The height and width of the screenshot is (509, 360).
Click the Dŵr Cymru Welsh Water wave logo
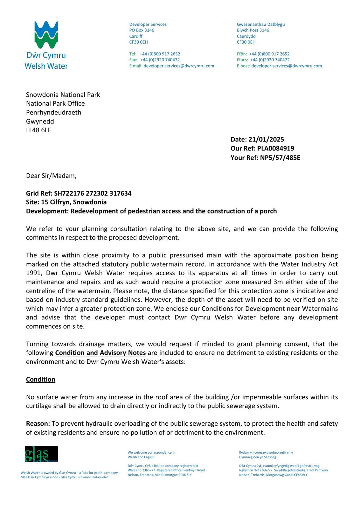coord(46,35)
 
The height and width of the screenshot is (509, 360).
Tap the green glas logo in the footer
coord(41,454)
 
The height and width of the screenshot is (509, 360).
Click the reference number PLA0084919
coord(275,148)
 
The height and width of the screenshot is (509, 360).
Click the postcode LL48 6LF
coord(38,130)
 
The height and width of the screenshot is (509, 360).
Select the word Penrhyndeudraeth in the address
coord(53,112)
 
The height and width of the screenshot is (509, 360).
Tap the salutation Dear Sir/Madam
coord(51,176)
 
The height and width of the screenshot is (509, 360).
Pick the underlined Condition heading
coord(41,380)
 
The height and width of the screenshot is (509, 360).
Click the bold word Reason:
coord(38,424)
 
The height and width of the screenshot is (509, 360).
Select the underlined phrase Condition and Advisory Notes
coord(100,353)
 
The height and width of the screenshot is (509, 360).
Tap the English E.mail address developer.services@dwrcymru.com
coord(179,66)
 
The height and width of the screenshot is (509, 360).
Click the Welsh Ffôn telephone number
coord(269,54)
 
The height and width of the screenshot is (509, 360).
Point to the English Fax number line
coord(155,60)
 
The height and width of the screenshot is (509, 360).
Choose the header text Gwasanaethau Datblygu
coord(261,24)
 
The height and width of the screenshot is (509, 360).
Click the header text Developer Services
coord(148,24)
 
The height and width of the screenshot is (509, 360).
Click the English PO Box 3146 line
coord(142,30)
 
